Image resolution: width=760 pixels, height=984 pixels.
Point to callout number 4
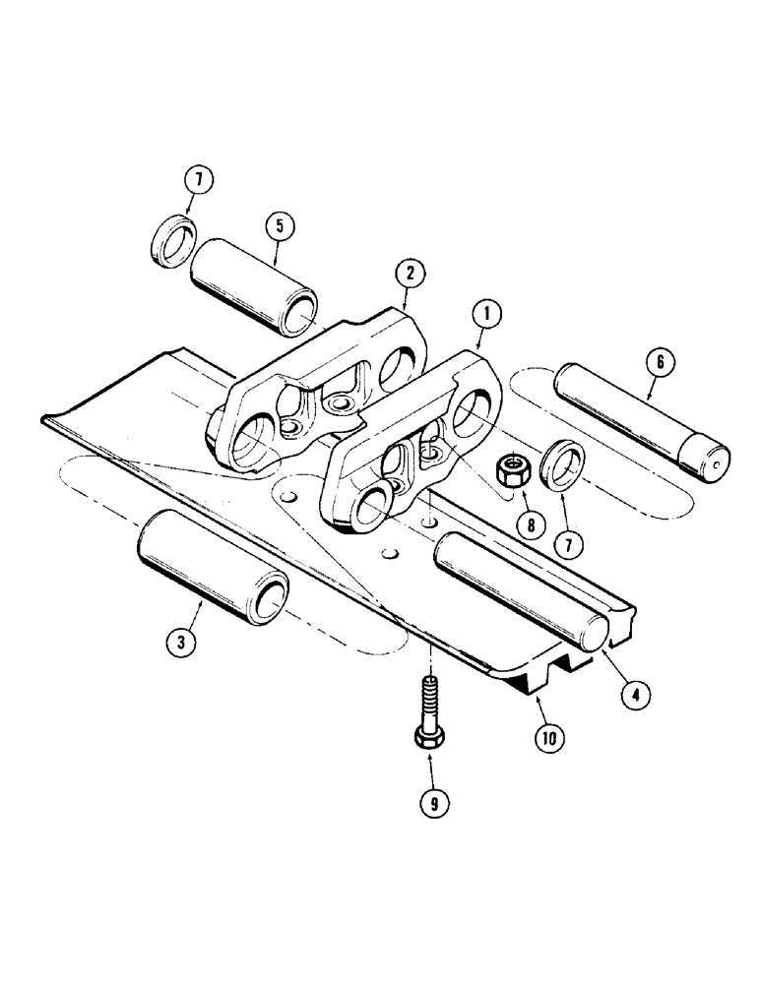click(635, 695)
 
